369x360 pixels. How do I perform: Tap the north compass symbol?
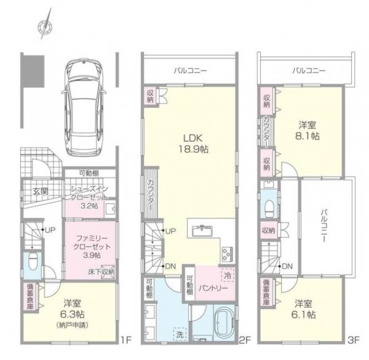point(43,26)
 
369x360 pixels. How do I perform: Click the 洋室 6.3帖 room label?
point(74,308)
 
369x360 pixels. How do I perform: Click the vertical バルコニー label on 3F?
point(324,225)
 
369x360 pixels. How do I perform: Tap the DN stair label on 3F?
point(287,266)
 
